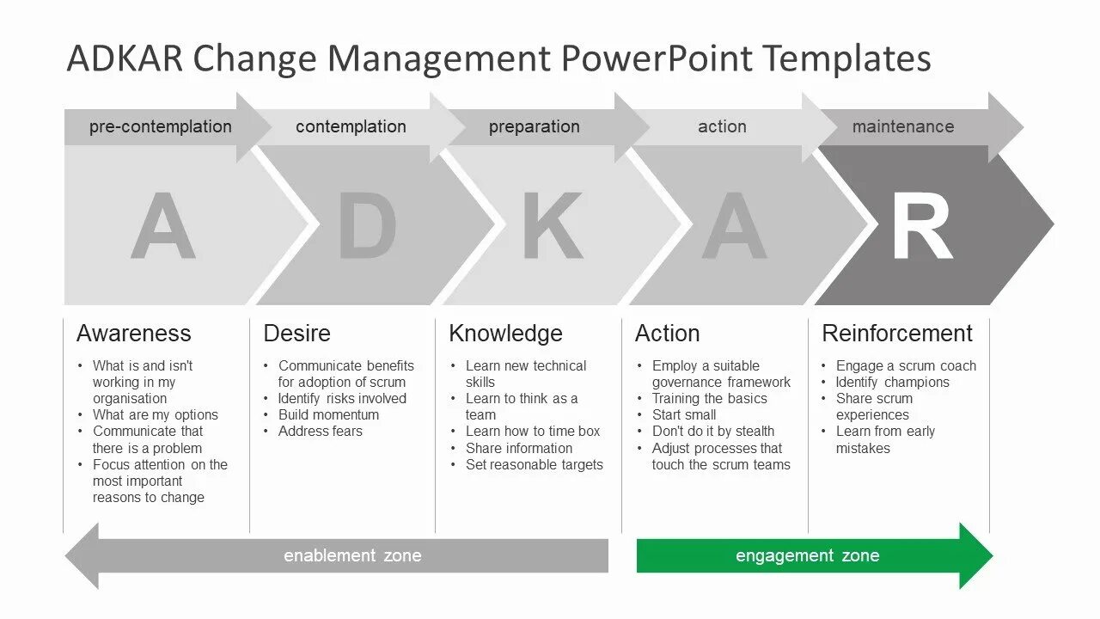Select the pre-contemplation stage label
(161, 126)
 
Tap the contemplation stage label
(351, 126)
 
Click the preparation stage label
(534, 126)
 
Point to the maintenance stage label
(902, 126)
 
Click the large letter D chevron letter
(367, 227)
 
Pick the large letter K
(552, 227)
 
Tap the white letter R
(921, 227)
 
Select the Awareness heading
(133, 334)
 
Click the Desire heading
(296, 334)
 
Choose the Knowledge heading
(505, 334)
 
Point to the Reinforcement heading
(896, 334)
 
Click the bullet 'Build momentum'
(328, 414)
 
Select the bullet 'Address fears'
(320, 431)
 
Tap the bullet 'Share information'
(518, 448)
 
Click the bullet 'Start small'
(684, 414)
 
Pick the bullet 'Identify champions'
(892, 382)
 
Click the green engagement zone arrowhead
(975, 555)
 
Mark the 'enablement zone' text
(352, 555)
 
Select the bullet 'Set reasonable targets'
(534, 464)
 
